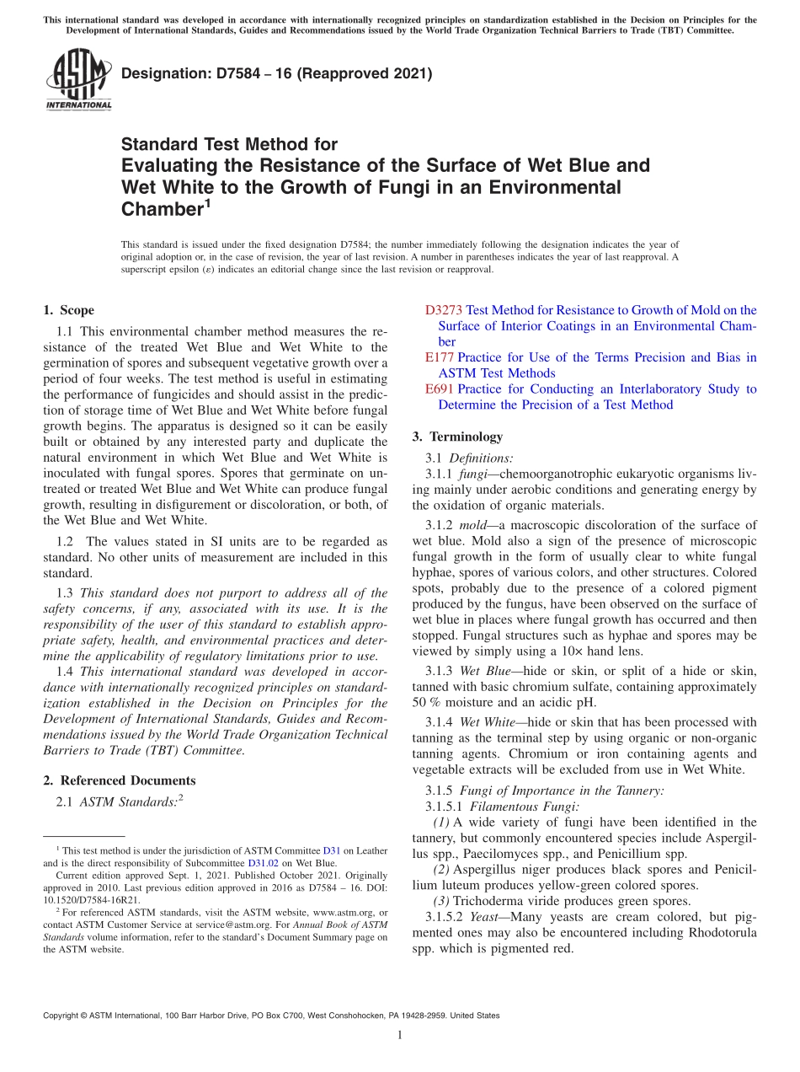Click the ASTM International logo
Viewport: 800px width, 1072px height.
pyautogui.click(x=78, y=80)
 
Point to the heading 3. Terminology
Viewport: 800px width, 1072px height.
pyautogui.click(x=457, y=437)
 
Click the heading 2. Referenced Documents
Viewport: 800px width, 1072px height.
pyautogui.click(x=119, y=780)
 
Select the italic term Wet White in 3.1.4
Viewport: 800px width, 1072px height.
pyautogui.click(x=484, y=722)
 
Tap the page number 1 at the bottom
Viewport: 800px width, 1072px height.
pyautogui.click(x=399, y=1036)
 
